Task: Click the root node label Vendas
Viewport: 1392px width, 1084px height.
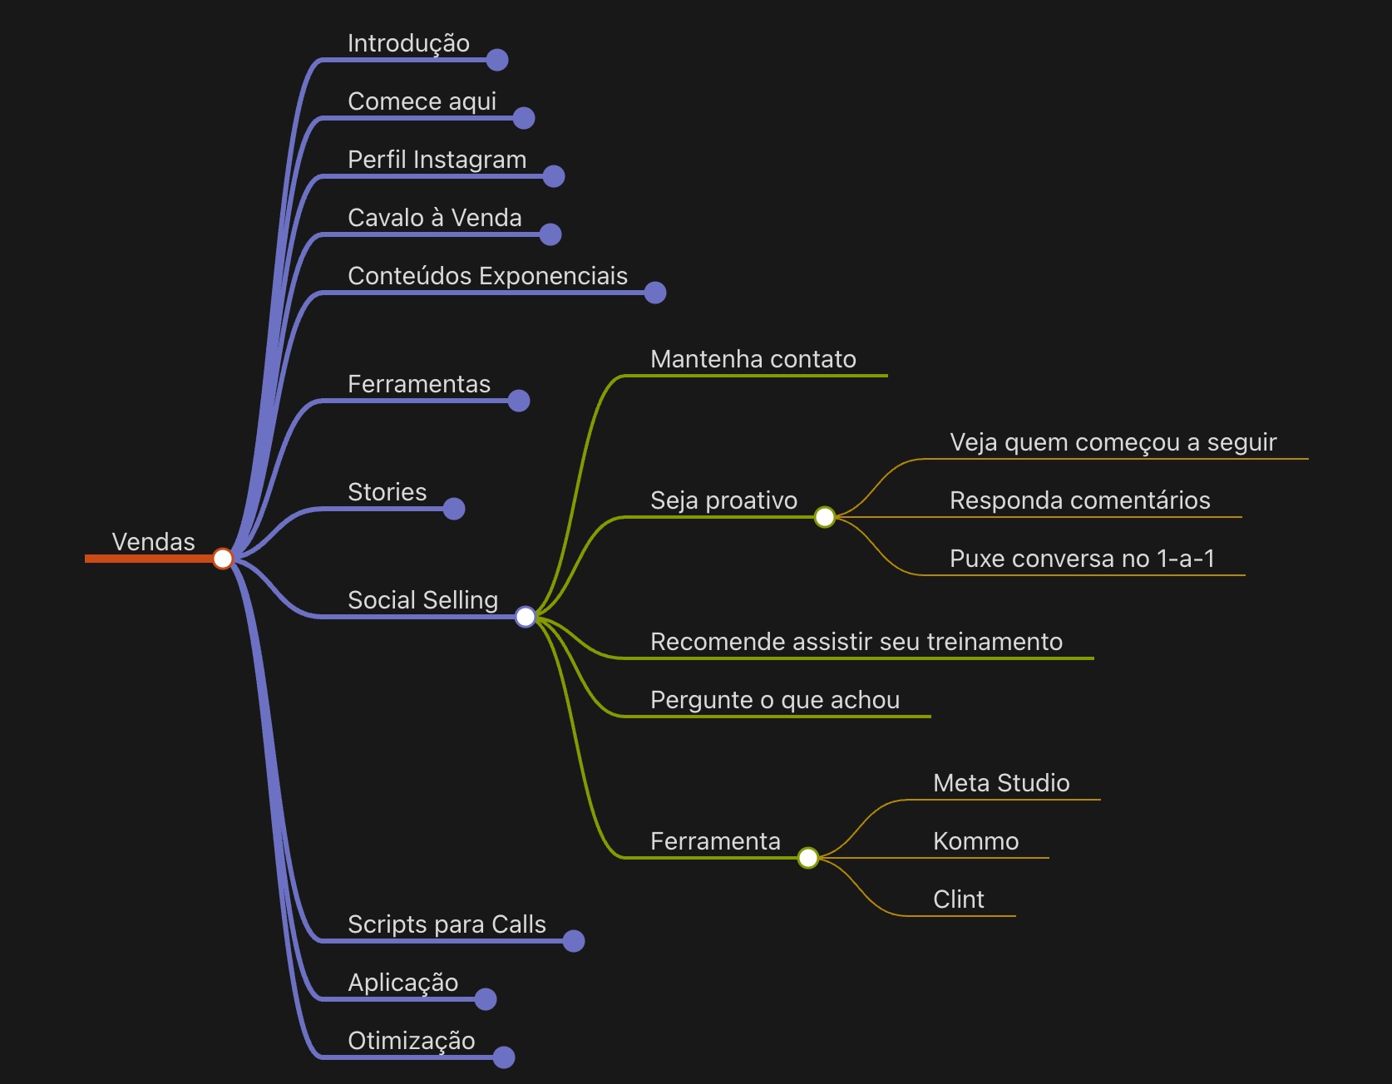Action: tap(153, 542)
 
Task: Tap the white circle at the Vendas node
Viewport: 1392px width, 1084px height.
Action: tap(223, 559)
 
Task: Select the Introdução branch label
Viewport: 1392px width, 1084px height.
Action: tap(408, 43)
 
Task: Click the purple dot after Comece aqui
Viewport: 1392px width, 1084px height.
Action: tap(524, 118)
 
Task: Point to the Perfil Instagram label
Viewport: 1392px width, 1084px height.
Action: tap(437, 160)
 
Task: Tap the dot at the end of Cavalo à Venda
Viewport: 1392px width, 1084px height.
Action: tap(550, 234)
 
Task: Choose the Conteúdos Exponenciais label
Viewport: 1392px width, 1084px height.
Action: tap(487, 276)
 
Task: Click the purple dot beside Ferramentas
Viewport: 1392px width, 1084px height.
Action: tap(519, 401)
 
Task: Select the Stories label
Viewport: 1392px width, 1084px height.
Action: tap(387, 492)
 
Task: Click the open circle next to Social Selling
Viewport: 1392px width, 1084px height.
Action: tap(526, 617)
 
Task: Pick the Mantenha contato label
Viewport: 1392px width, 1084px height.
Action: tap(753, 359)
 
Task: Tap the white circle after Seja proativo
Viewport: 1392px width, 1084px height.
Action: tap(825, 517)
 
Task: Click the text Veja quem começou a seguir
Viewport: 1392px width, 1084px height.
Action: tap(1113, 442)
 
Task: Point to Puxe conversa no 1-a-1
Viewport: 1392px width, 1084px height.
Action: tap(1082, 559)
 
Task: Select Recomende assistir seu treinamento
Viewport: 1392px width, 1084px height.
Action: tap(856, 642)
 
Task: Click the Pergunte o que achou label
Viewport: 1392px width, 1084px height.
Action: tap(774, 700)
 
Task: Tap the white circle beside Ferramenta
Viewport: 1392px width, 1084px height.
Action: tap(808, 858)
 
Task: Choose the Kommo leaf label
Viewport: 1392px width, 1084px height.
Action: tap(975, 841)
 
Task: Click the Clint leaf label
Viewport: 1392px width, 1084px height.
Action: tap(958, 899)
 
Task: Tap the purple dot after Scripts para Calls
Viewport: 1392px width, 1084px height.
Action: tap(574, 941)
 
